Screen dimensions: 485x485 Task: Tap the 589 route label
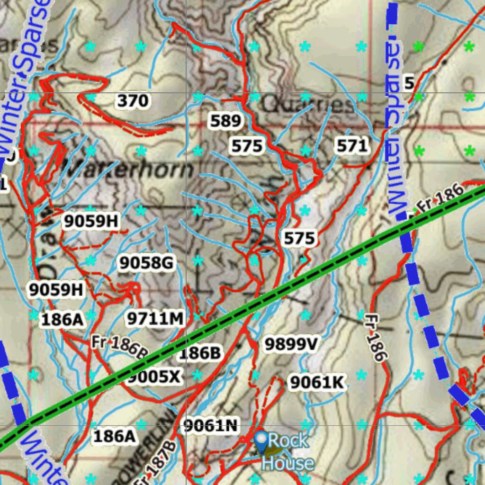(225, 121)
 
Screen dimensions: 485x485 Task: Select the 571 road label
(352, 145)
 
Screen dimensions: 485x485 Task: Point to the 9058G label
(146, 263)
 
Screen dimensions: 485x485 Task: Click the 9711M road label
(155, 319)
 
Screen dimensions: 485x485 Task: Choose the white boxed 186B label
(199, 353)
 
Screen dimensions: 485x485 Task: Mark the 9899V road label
(290, 344)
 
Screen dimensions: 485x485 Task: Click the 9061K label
(317, 382)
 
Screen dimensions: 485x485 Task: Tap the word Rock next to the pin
(288, 440)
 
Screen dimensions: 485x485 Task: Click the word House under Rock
(287, 463)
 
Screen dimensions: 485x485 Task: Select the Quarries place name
(308, 105)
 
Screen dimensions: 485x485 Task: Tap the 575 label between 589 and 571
(247, 146)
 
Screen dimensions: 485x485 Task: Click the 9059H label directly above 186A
(56, 289)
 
